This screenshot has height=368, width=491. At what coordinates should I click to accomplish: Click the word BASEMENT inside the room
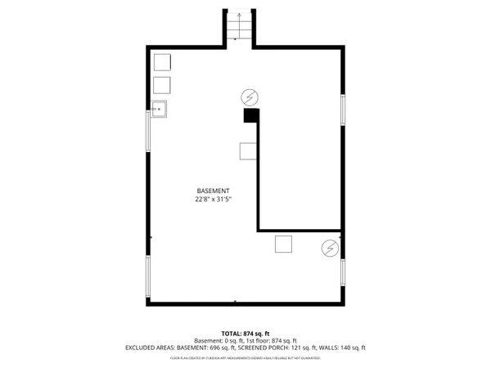point(213,190)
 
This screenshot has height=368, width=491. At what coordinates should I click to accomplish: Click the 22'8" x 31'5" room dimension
point(213,200)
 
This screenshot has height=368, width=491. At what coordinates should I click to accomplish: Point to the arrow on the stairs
point(238,17)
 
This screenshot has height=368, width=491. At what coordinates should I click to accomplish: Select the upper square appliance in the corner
point(161,63)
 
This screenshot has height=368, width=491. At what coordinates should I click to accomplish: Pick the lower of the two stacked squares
point(161,85)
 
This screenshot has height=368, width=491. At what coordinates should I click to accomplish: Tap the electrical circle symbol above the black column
point(249,95)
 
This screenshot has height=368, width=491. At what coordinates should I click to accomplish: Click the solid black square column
point(250,116)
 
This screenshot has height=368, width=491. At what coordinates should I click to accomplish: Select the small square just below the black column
point(247,150)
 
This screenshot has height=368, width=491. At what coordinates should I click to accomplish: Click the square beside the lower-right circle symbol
point(284,245)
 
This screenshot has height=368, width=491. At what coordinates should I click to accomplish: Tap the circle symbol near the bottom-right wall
point(330,247)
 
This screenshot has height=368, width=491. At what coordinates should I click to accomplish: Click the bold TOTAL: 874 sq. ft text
point(245,333)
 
